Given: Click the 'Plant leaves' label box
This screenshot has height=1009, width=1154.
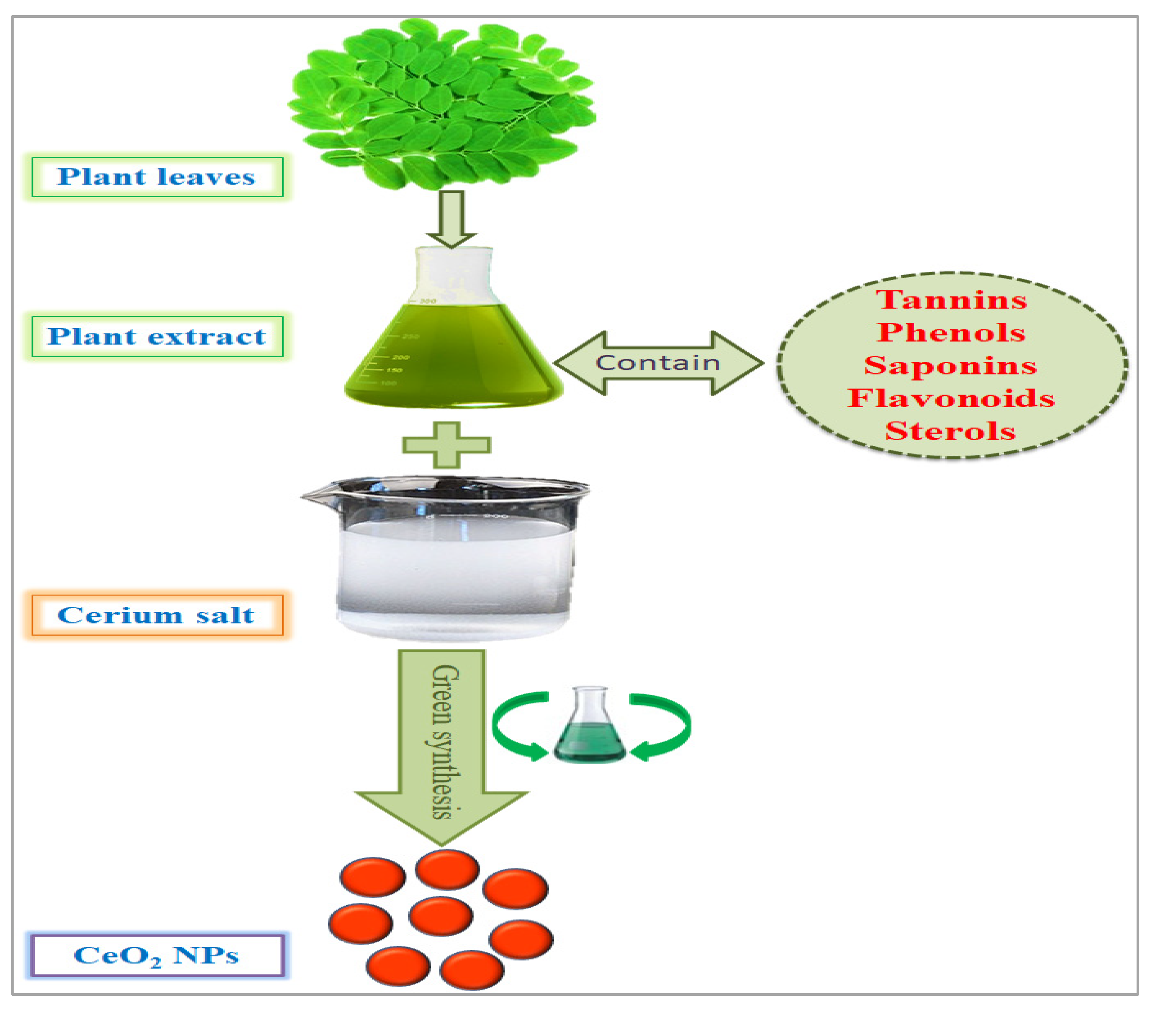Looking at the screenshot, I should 157,177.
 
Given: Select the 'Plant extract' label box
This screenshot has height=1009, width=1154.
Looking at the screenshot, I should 157,336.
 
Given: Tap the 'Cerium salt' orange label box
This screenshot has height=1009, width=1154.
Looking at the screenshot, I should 157,615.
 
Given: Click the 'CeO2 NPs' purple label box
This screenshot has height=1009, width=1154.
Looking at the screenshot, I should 156,955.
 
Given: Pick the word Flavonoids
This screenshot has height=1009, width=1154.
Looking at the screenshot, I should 951,398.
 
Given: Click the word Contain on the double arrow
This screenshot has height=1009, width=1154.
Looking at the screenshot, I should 658,363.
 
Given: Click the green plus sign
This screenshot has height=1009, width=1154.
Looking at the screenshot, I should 447,445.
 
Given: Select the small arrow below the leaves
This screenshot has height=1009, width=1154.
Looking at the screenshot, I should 451,219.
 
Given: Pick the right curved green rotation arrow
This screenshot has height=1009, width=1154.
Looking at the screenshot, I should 665,726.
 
